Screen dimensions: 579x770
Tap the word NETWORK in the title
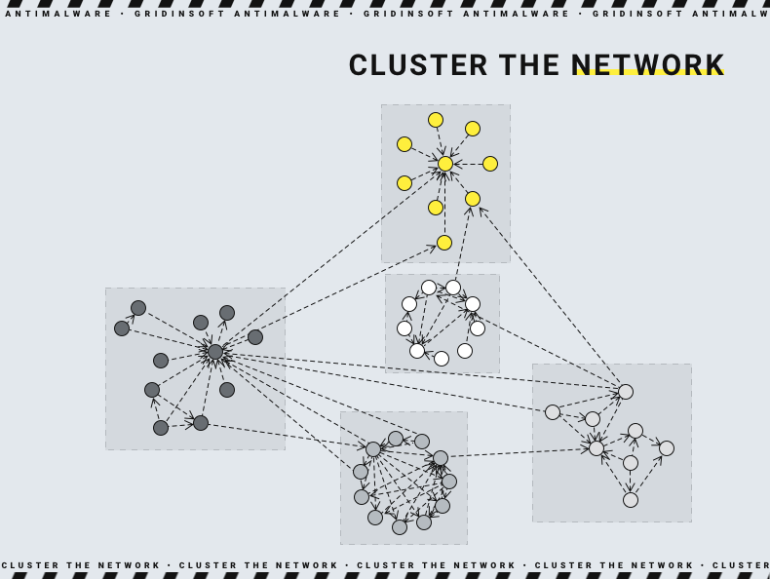pos(648,64)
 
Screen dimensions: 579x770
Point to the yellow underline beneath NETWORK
pos(648,73)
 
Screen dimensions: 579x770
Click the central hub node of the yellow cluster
pos(445,164)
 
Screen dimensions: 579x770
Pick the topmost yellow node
pos(436,120)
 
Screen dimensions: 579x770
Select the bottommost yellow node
pos(444,243)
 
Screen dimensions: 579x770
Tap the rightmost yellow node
pos(490,164)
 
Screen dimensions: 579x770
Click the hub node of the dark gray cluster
pos(215,352)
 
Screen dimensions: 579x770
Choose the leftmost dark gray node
pos(122,328)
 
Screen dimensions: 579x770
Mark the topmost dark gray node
pos(138,308)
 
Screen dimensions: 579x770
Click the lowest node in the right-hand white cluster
pos(631,500)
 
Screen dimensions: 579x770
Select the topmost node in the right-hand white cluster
pos(626,392)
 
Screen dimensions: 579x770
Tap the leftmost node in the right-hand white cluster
pos(553,412)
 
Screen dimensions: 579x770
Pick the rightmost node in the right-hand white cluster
pos(667,448)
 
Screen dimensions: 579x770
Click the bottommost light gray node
pos(400,527)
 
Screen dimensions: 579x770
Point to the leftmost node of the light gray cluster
pos(361,472)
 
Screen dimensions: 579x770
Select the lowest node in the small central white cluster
pos(442,359)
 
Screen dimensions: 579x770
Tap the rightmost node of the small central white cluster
pos(478,328)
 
